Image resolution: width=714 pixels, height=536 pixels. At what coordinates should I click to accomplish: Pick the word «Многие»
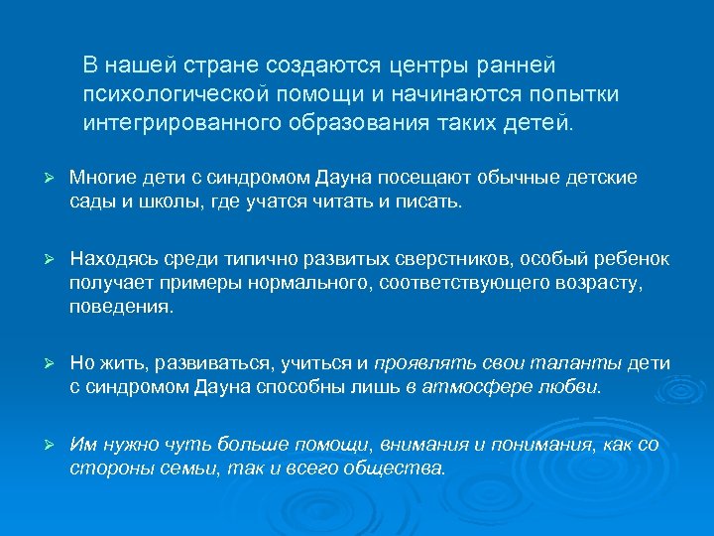pos(101,178)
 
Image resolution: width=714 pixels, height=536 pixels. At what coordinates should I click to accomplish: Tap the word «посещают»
pos(389,178)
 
